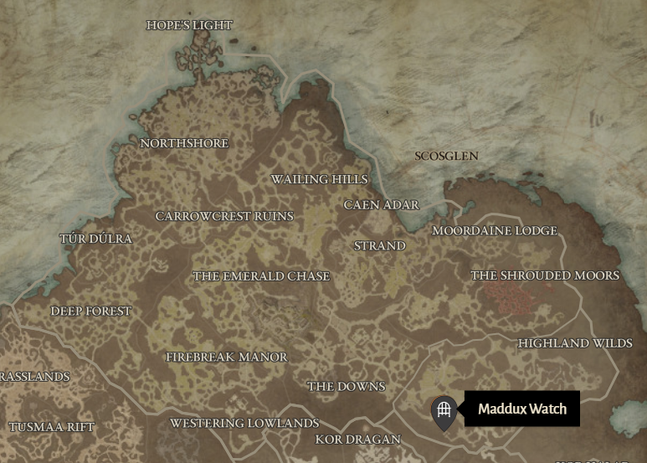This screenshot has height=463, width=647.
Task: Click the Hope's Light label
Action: coord(188,25)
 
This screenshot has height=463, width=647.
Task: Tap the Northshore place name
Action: coord(184,143)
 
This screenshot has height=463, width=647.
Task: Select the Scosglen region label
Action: coord(447,156)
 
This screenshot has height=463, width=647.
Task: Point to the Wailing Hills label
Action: coord(319,179)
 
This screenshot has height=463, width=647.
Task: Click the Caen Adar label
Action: coord(382,204)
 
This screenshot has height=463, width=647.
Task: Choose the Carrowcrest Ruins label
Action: coord(224,216)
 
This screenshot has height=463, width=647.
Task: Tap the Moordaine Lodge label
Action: coord(495,230)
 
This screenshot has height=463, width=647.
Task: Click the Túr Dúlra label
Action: coord(95,239)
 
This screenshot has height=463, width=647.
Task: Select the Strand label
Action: coord(380,245)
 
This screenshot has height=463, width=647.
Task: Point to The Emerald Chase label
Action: coord(261,275)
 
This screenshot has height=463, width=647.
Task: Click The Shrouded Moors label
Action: coord(545,275)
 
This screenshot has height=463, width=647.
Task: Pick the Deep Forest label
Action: coord(91,311)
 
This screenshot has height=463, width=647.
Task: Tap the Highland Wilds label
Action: coord(575,343)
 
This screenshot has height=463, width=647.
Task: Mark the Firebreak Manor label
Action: coord(227,357)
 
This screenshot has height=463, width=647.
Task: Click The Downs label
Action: coord(346,386)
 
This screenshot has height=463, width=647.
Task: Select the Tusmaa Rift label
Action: coord(52,427)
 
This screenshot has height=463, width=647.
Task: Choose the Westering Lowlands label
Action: coord(244,423)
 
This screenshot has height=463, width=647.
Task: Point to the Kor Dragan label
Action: coord(357,439)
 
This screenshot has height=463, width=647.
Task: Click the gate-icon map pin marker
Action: coord(444,411)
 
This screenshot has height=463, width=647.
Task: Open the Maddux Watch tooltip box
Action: coord(522,409)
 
